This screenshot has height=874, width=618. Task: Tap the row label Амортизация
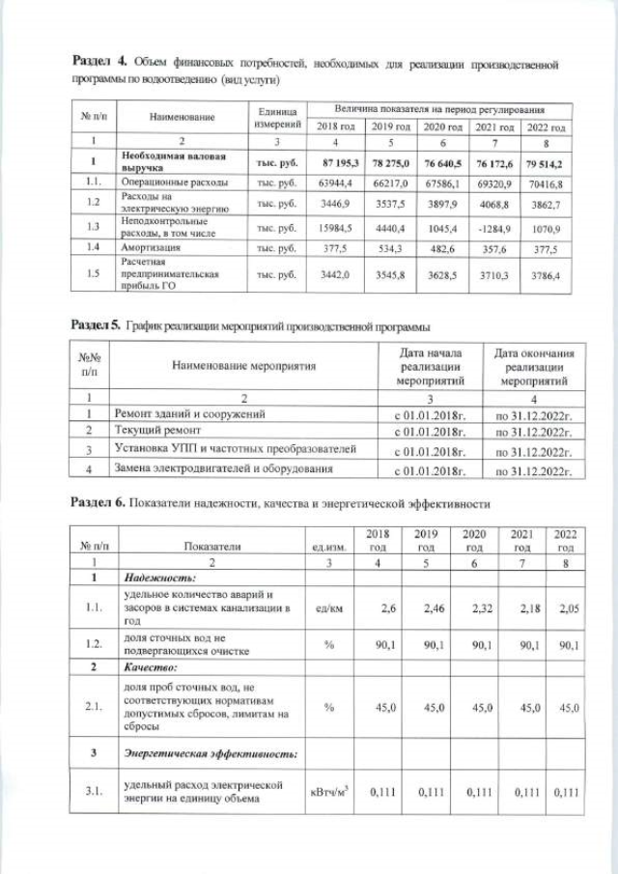[x=148, y=249]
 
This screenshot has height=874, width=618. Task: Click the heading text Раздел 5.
[x=97, y=327]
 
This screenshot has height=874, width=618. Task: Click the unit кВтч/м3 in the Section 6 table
[x=327, y=792]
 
